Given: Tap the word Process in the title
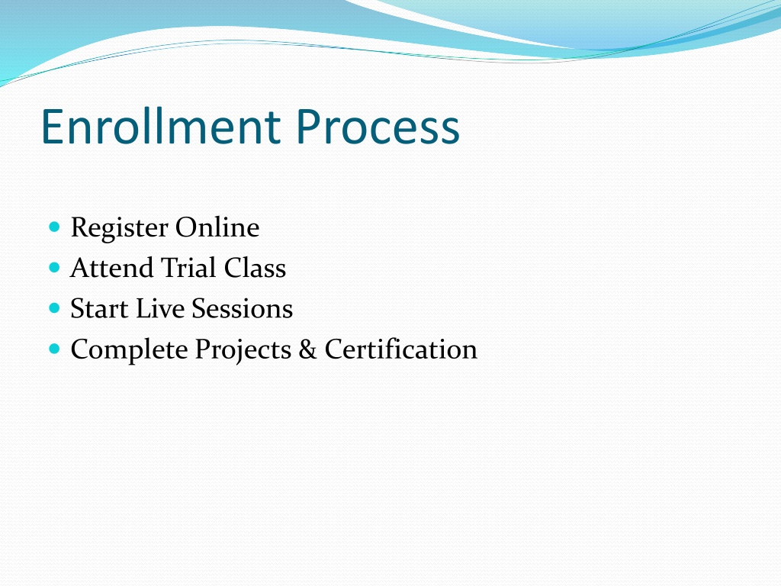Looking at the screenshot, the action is [x=378, y=127].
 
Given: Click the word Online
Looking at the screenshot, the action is [x=217, y=227].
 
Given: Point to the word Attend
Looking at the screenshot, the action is [x=112, y=268].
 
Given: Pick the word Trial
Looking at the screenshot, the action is [x=189, y=268].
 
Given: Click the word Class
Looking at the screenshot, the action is [x=255, y=268].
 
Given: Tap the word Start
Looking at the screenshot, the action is [x=99, y=308].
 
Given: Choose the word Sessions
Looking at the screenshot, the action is [x=242, y=308].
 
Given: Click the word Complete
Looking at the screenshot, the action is [x=129, y=350].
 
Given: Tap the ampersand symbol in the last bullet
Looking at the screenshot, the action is [x=308, y=349].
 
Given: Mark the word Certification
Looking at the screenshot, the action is [x=401, y=349].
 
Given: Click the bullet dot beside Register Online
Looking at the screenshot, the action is [x=55, y=227].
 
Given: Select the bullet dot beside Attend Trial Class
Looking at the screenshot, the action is [x=55, y=268].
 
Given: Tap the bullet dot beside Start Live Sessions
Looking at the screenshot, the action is [x=55, y=308].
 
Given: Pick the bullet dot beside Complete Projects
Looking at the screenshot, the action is [x=55, y=348].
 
